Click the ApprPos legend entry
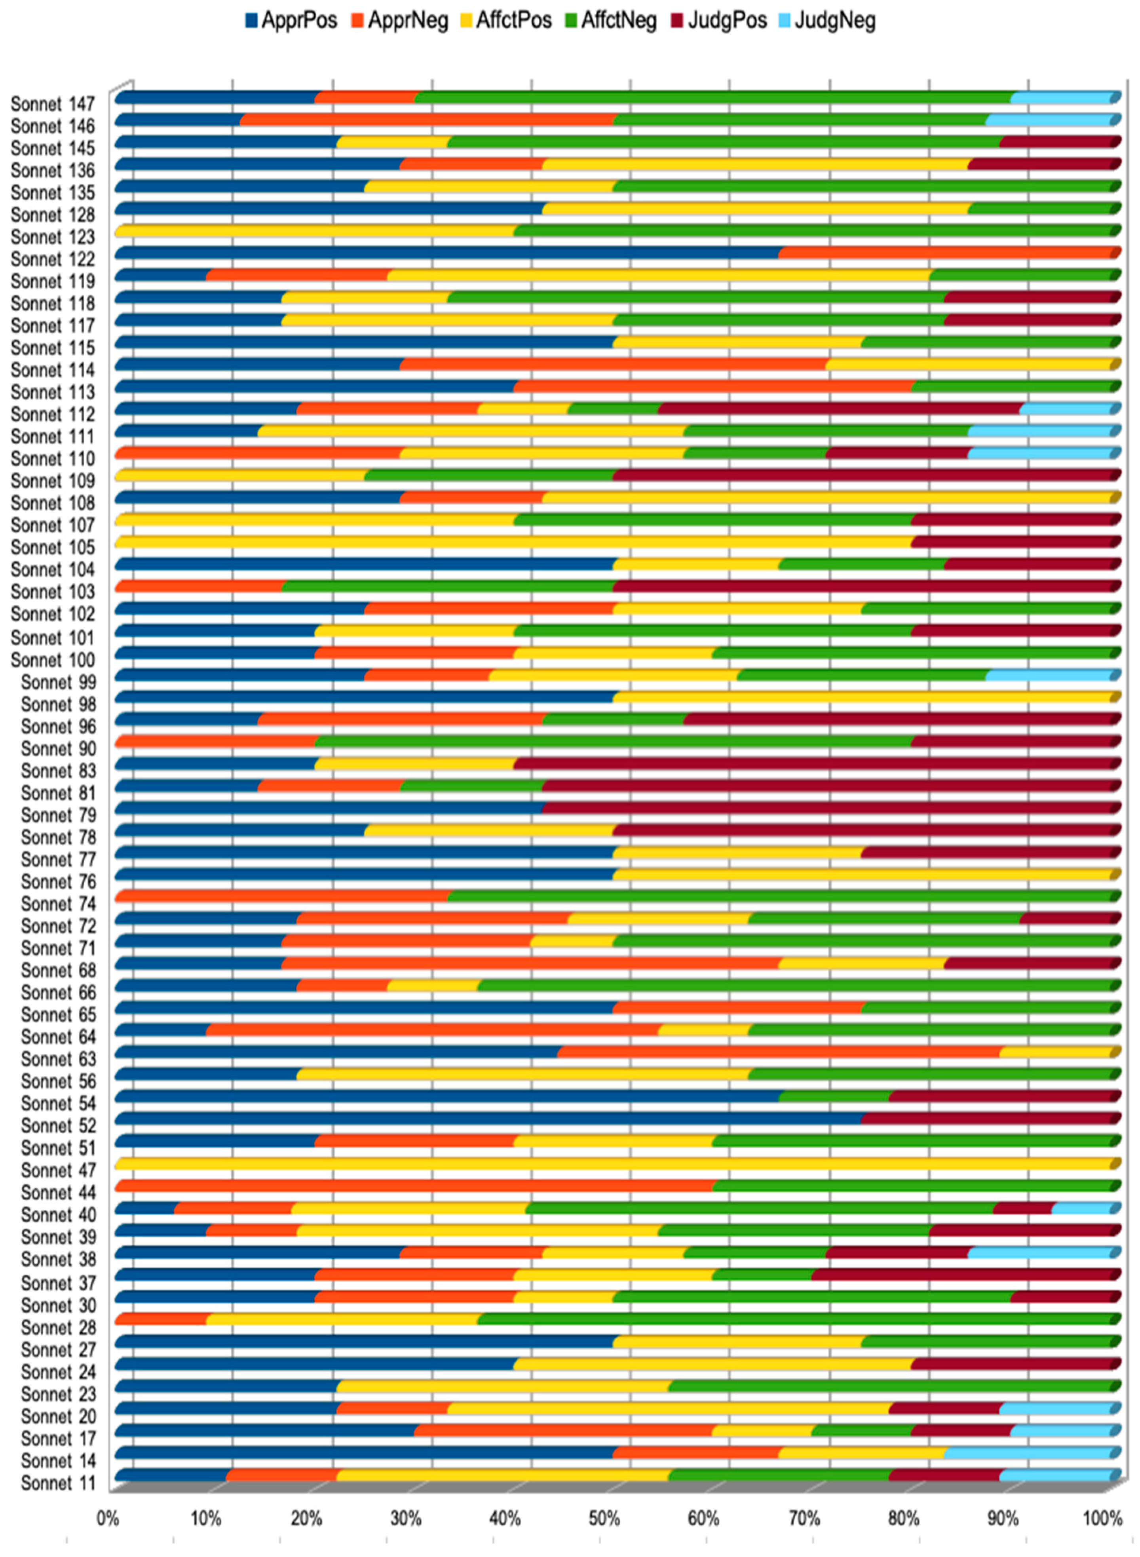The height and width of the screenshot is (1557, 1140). [x=291, y=20]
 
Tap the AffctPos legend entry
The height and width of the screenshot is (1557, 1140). [x=506, y=20]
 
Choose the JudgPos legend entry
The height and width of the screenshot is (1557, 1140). [x=719, y=20]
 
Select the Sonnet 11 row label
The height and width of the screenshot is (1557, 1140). [x=58, y=1483]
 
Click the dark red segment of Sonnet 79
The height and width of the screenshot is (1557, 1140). [x=828, y=807]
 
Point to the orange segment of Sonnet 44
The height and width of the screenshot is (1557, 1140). [x=414, y=1186]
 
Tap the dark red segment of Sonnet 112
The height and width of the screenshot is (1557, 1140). [x=838, y=409]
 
